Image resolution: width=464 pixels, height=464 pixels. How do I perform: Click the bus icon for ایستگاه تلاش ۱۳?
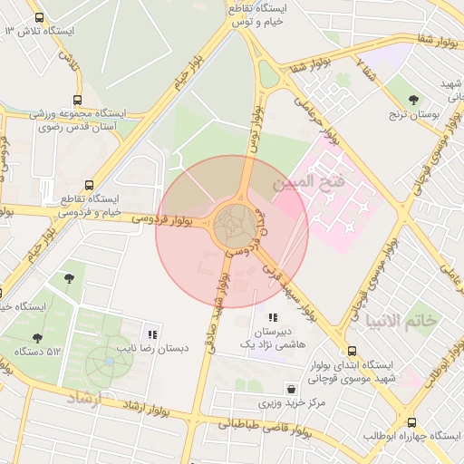[x=38, y=17]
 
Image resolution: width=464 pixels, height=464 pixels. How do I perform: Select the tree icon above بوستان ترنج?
[x=414, y=100]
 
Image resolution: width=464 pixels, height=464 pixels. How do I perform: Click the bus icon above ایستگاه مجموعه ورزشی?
[x=77, y=100]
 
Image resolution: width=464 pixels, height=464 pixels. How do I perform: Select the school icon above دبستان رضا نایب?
[x=151, y=333]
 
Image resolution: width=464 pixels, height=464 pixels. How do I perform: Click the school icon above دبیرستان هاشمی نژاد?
[x=273, y=318]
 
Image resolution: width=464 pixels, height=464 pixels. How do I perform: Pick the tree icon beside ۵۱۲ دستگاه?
[x=37, y=338]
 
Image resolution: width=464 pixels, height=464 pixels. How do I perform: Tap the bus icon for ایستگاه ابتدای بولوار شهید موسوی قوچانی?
[x=351, y=351]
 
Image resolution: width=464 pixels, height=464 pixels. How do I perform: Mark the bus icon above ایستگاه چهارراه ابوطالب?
[x=412, y=422]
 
